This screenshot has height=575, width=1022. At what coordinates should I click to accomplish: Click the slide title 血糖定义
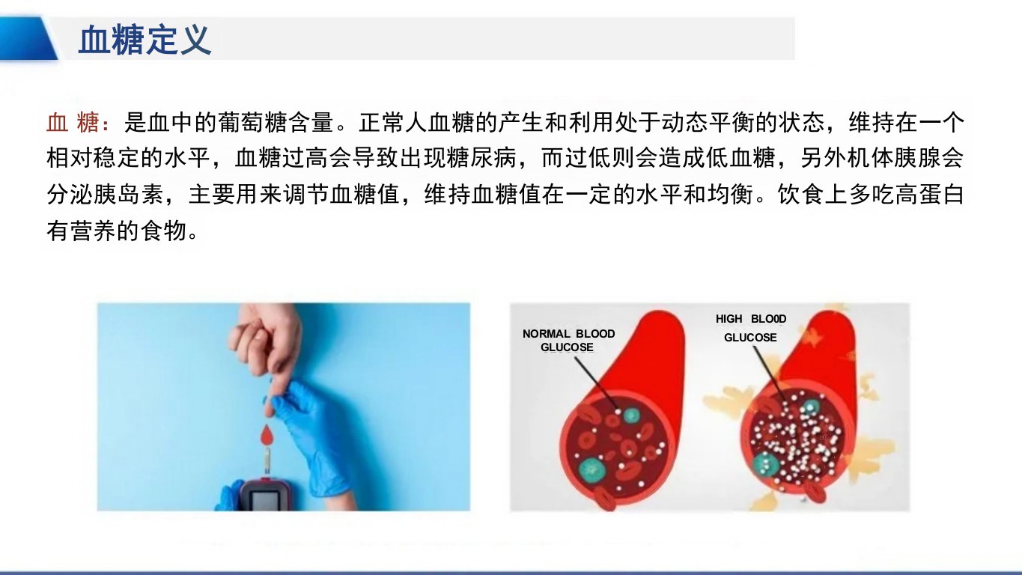(145, 40)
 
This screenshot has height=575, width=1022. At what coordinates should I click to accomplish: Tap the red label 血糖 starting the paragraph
(73, 123)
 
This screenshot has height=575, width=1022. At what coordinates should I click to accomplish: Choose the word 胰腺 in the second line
(917, 159)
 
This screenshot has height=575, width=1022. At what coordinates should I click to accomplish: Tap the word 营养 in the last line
(94, 231)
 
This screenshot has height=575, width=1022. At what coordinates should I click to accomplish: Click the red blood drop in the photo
(267, 436)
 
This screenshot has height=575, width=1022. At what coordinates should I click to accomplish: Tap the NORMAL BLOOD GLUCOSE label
(568, 341)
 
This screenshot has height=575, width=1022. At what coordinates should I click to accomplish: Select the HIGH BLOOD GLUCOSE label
(751, 328)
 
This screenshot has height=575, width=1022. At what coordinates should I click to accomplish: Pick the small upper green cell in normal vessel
(632, 415)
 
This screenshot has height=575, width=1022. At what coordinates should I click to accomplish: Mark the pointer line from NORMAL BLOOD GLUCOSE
(596, 383)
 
